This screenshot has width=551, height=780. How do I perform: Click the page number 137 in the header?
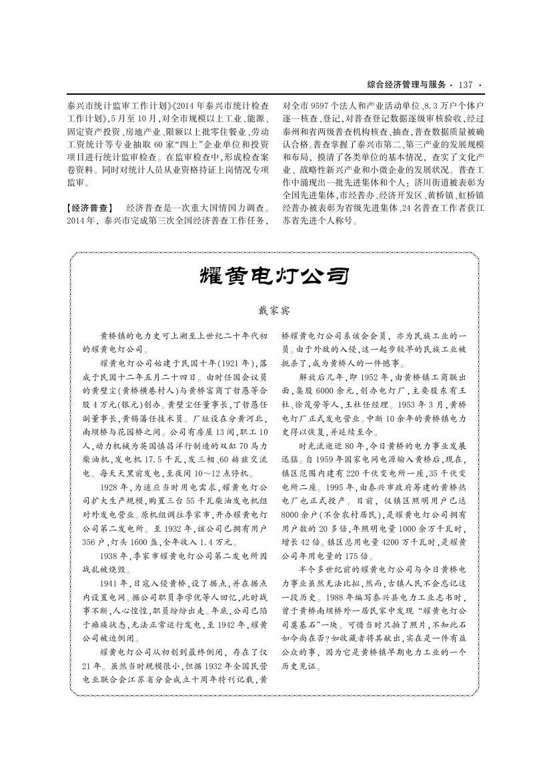pos(466,85)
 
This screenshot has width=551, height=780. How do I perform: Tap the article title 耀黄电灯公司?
pos(275,275)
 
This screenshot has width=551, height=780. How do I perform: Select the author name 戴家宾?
pos(275,310)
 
